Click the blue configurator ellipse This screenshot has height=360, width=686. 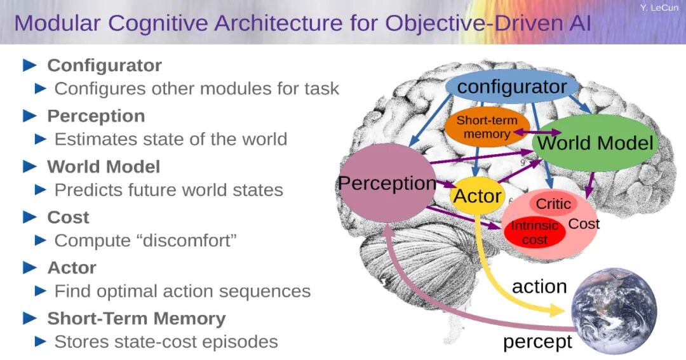point(512,86)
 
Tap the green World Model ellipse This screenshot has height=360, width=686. point(595,143)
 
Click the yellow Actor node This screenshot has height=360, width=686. point(477,196)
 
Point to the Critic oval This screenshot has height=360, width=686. point(553,204)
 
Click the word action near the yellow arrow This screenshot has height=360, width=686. point(539,287)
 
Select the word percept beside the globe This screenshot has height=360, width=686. point(537,342)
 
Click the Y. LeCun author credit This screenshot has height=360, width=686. point(659,8)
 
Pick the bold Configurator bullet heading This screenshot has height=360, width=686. point(104,65)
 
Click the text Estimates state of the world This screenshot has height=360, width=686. point(170,139)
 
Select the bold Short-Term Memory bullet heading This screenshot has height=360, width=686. point(136,318)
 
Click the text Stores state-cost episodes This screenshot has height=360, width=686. point(166,342)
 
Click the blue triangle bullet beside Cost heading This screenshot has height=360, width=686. point(30,217)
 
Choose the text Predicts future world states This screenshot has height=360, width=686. point(168,190)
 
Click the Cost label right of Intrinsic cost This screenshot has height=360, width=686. point(584,223)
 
